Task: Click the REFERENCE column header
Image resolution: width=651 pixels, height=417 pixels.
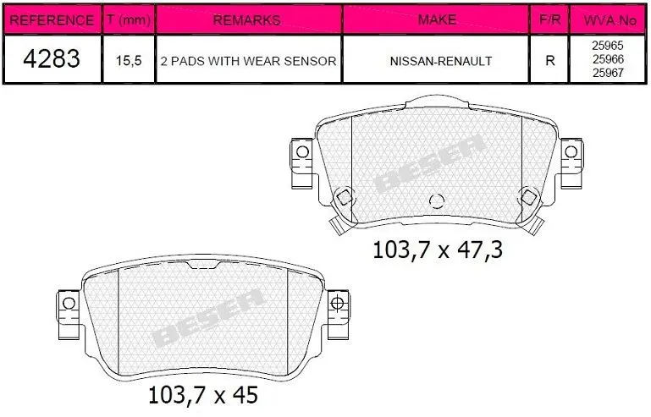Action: click(52, 20)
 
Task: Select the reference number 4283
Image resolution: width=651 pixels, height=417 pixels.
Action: click(52, 59)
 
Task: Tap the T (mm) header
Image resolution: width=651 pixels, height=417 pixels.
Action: click(129, 19)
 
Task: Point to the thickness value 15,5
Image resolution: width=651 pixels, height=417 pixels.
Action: click(129, 61)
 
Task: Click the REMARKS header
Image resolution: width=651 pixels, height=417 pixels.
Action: click(246, 20)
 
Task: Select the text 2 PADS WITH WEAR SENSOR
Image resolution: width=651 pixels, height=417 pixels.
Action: click(248, 61)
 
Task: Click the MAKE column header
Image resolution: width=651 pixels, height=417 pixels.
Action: click(437, 19)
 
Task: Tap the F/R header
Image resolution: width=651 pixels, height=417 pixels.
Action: click(549, 19)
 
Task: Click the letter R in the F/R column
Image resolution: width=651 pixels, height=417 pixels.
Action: click(550, 61)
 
